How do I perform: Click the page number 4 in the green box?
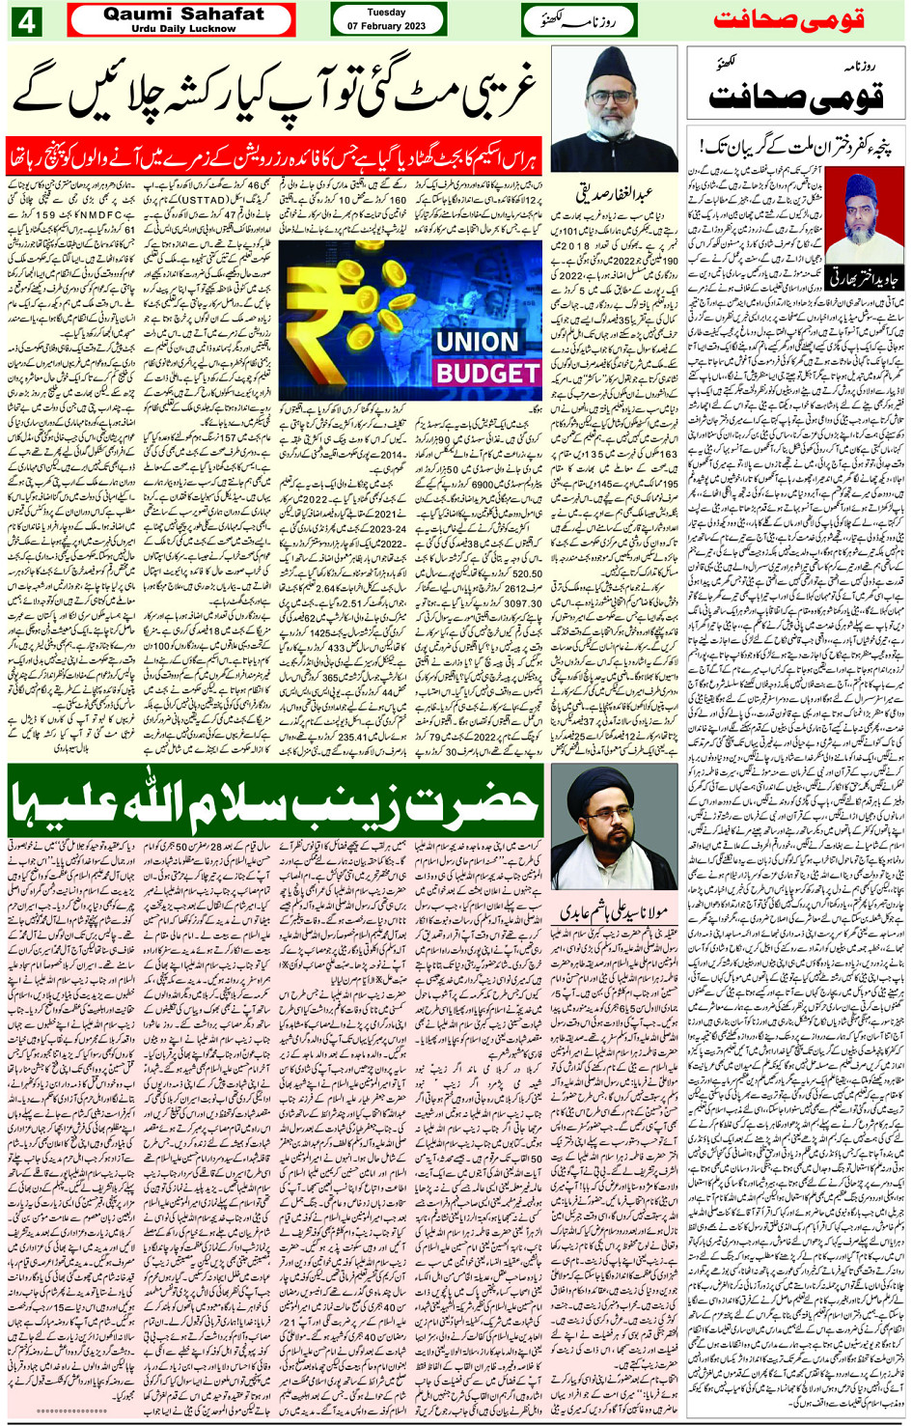tap(26, 20)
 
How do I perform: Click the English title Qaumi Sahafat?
tap(182, 14)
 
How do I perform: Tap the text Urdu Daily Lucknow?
tap(182, 28)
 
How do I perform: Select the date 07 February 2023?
tap(385, 26)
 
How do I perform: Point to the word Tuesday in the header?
tap(386, 13)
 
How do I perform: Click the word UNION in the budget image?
tap(477, 342)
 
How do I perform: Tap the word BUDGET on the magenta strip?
tap(487, 374)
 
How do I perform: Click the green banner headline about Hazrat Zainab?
tap(275, 800)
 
